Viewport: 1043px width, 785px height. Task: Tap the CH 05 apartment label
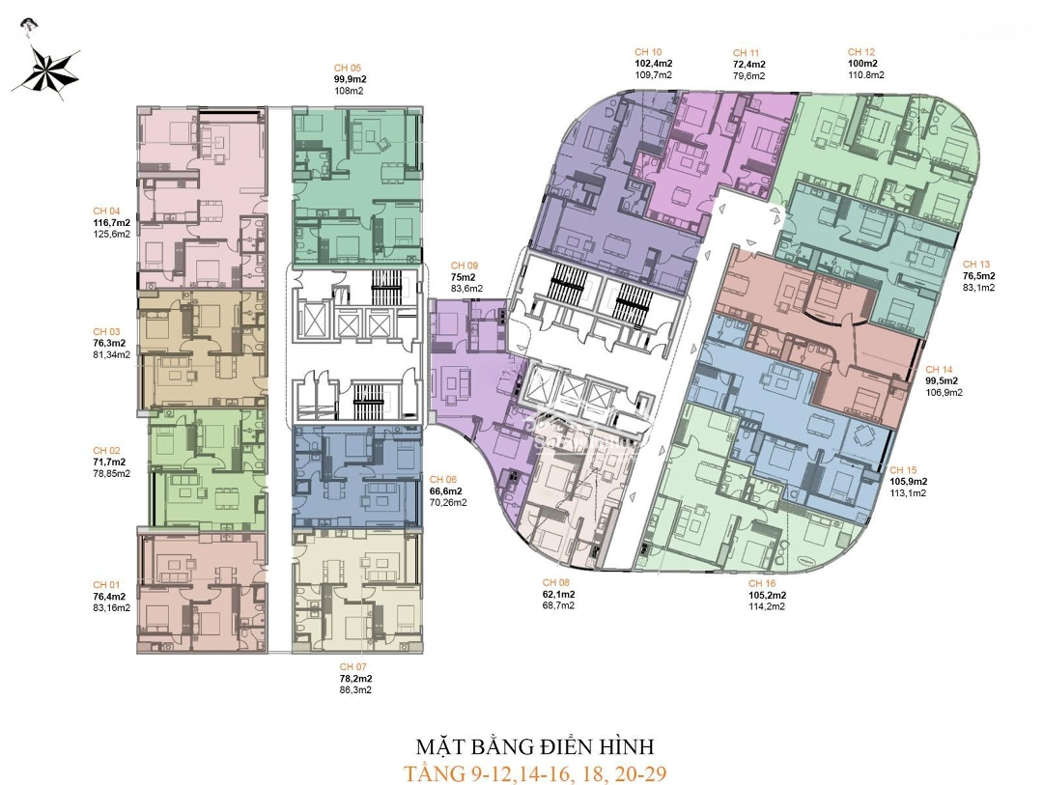348,68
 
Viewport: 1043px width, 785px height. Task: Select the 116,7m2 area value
112,222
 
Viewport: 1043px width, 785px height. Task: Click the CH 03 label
106,331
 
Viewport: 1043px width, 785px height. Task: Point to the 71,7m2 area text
109,462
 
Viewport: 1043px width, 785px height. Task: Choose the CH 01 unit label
106,585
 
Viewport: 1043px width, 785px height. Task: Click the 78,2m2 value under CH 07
355,679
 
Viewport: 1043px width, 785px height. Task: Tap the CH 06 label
443,480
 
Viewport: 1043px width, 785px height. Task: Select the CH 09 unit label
465,266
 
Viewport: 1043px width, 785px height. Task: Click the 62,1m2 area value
559,594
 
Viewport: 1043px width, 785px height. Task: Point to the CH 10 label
648,52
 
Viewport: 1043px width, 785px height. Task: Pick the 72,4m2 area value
749,65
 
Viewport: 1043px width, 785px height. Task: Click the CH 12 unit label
861,52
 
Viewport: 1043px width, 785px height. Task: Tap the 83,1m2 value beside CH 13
979,288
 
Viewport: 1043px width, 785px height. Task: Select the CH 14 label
940,369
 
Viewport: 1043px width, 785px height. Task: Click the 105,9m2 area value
909,482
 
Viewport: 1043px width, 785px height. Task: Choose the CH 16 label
762,583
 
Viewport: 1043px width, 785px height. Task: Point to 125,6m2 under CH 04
112,234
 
